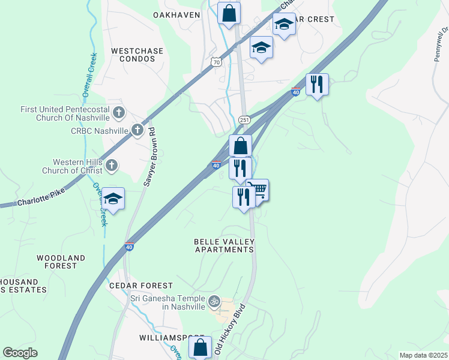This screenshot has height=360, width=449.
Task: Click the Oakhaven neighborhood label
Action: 176,15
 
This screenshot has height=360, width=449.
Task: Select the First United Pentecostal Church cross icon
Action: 119,112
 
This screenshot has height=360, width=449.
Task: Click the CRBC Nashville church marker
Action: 137,130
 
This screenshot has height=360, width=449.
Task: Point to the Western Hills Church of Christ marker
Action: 111,166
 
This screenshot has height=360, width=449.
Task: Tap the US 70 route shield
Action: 216,62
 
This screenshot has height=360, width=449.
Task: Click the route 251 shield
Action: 244,120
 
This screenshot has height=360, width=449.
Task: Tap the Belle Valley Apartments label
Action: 224,245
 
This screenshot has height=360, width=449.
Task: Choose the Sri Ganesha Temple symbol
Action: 213,301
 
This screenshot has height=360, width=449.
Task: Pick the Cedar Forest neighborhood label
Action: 141,286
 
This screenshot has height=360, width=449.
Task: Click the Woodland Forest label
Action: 61,262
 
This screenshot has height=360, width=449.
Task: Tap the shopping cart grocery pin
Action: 258,191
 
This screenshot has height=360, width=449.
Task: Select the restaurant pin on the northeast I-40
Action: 317,84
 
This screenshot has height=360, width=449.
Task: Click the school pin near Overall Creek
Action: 113,199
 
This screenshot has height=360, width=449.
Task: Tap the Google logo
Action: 20,353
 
